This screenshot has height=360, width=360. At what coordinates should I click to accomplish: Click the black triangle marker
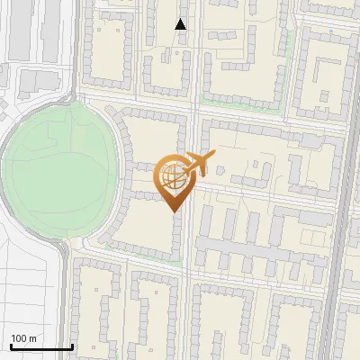click(x=181, y=24)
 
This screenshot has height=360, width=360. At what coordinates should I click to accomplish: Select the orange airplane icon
click(x=200, y=165)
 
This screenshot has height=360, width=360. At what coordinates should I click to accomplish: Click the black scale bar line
click(x=40, y=346)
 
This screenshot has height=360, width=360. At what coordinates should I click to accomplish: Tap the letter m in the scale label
click(x=33, y=338)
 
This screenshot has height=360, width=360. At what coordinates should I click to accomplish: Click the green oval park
click(x=58, y=171)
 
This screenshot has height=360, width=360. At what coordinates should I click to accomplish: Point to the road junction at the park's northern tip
click(x=70, y=96)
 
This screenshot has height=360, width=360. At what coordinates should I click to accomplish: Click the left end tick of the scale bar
click(x=10, y=346)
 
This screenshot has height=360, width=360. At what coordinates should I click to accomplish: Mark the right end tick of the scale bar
click(x=72, y=346)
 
